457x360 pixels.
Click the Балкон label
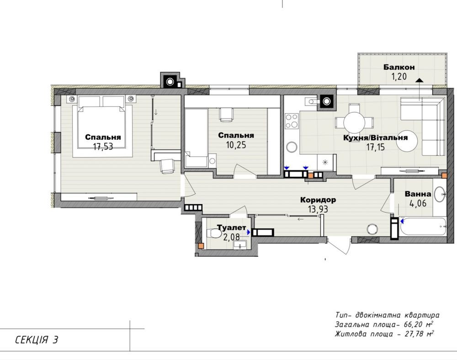click(399, 67)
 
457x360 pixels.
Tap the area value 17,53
click(103, 146)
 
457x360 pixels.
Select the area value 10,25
click(236, 145)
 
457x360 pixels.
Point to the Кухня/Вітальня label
click(375, 138)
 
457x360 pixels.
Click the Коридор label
click(318, 200)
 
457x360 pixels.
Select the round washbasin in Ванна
click(440, 194)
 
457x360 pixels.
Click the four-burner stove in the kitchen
click(292, 121)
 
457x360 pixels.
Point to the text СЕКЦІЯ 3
click(37, 339)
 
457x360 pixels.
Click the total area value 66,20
click(413, 325)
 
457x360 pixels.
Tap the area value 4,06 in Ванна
click(418, 203)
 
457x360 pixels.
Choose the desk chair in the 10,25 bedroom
click(226, 115)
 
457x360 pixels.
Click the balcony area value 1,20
click(399, 77)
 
